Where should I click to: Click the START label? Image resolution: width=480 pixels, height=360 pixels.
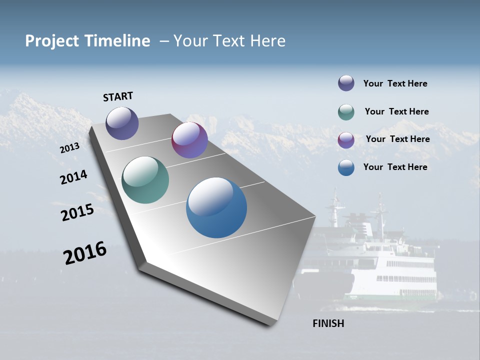pyautogui.click(x=118, y=96)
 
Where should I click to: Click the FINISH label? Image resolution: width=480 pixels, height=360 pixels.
pyautogui.click(x=328, y=323)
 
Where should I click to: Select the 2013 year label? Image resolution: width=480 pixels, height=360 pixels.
pyautogui.click(x=69, y=148)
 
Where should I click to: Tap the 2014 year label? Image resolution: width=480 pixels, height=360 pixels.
pyautogui.click(x=73, y=177)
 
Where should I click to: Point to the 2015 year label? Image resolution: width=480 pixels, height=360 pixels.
pyautogui.click(x=77, y=212)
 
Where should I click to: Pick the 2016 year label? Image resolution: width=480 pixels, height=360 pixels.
pyautogui.click(x=85, y=253)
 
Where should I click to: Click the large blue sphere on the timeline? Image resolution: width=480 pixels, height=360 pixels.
pyautogui.click(x=216, y=207)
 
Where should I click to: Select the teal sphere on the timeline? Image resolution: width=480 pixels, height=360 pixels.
pyautogui.click(x=145, y=180)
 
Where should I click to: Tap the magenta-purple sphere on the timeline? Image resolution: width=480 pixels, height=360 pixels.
pyautogui.click(x=189, y=140)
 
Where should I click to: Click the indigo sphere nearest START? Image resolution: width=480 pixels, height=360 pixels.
pyautogui.click(x=122, y=123)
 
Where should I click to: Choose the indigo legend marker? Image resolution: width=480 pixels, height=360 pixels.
pyautogui.click(x=346, y=83)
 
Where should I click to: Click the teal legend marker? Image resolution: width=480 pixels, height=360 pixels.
pyautogui.click(x=346, y=112)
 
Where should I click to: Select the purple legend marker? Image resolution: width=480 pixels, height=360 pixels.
pyautogui.click(x=346, y=140)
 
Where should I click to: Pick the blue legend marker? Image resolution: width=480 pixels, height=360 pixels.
pyautogui.click(x=346, y=167)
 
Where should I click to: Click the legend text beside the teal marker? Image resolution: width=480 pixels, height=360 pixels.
pyautogui.click(x=396, y=111)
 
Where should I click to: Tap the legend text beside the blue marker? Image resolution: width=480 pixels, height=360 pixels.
pyautogui.click(x=395, y=167)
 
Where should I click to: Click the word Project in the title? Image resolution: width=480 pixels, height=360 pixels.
pyautogui.click(x=52, y=41)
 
